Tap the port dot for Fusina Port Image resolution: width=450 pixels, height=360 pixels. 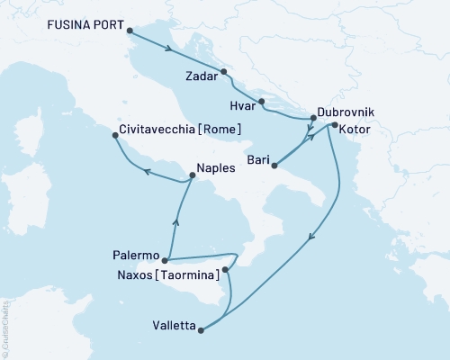131,32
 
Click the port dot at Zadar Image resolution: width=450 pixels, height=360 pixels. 224,72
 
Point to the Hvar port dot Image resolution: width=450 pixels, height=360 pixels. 260,102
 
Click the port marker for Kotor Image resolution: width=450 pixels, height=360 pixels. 334,125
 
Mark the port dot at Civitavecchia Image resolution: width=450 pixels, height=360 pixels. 114,136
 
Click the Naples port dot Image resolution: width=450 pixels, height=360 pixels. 193,175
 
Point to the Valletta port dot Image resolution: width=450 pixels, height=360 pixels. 201,330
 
